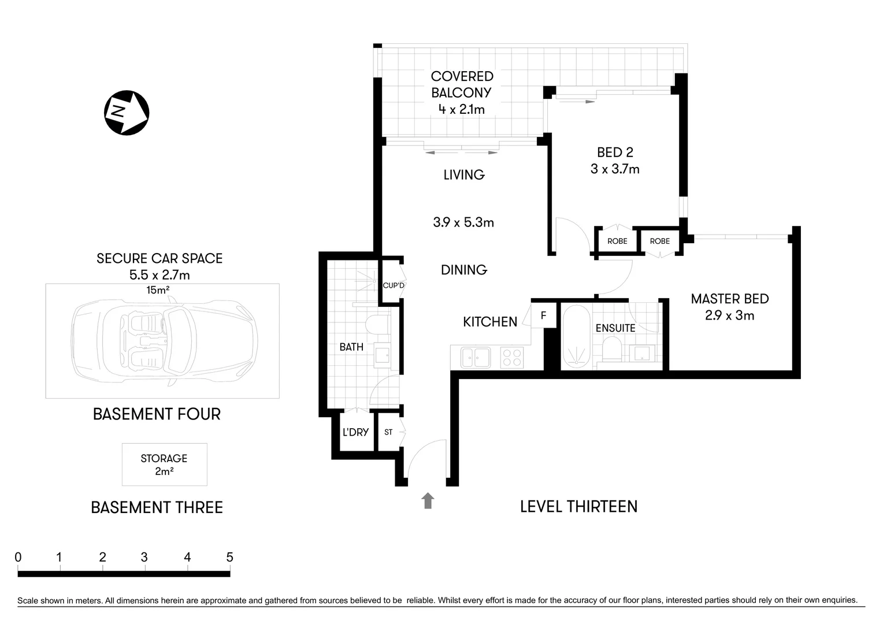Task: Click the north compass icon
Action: click(x=127, y=113)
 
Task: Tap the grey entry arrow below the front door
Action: click(x=428, y=500)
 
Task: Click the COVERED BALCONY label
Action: click(x=462, y=84)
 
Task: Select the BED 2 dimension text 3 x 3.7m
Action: click(x=615, y=169)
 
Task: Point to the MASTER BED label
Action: click(x=729, y=299)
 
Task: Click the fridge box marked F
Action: click(x=543, y=316)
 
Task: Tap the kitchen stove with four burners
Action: click(x=511, y=358)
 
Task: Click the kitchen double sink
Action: click(x=476, y=357)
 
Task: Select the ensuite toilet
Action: click(x=611, y=350)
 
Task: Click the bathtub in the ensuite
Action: click(x=576, y=337)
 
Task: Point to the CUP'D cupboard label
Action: click(x=394, y=285)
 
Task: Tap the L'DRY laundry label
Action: click(x=355, y=432)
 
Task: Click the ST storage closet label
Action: click(x=388, y=432)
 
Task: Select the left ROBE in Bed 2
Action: click(x=617, y=241)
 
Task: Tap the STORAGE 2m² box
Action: click(x=164, y=465)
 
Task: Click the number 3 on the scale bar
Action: click(x=144, y=558)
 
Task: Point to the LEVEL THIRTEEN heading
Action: click(x=578, y=507)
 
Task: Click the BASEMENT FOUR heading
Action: click(x=157, y=414)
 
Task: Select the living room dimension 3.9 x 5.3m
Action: click(x=463, y=222)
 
